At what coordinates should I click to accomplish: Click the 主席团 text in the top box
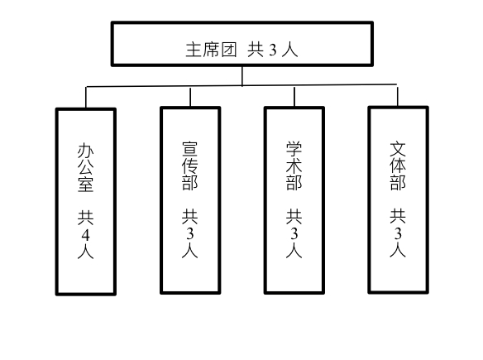(212, 50)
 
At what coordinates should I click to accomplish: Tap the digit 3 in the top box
(273, 50)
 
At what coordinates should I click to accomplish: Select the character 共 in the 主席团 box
(256, 50)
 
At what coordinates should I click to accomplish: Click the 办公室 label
(85, 167)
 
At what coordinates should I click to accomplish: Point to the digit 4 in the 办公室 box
(86, 236)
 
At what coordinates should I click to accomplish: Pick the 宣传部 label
(189, 166)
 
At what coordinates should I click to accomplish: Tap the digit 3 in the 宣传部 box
(190, 234)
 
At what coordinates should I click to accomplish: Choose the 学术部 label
(294, 166)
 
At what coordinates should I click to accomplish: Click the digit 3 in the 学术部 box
(294, 234)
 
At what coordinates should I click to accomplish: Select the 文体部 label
(398, 166)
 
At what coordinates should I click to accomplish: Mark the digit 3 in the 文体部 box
(398, 234)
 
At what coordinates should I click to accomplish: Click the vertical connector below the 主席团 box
(242, 76)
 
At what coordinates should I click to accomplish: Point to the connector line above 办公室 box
(86, 98)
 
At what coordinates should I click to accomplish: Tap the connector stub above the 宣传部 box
(190, 97)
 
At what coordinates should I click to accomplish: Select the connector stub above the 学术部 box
(294, 97)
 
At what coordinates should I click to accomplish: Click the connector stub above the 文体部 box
(398, 97)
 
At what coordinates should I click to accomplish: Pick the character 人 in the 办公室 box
(85, 252)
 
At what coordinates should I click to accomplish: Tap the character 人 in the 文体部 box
(398, 250)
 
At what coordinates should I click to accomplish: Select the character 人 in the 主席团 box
(289, 50)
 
